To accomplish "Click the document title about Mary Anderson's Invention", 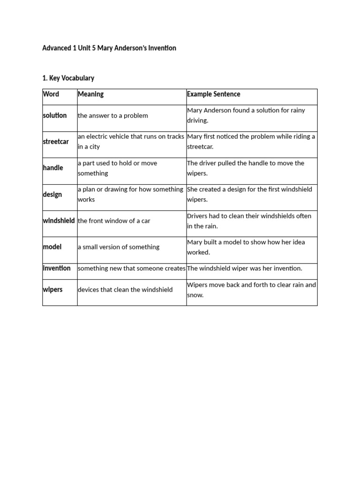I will [109, 48].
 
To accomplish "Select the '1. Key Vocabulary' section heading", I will [68, 78].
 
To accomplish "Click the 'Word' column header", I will [51, 94].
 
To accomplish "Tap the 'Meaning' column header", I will [90, 94].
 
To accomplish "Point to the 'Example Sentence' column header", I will [213, 94].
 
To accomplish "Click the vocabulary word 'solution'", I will [55, 115].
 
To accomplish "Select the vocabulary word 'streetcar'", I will [56, 142].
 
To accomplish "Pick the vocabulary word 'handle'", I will [53, 168].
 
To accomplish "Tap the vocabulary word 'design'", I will [52, 195].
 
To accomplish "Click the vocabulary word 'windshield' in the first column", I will [59, 220].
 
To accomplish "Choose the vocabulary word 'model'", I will [52, 247].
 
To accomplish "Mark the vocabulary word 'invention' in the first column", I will [57, 268].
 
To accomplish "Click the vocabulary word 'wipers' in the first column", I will [52, 290].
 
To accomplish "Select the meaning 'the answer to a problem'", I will [113, 116].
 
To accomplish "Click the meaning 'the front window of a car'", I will [114, 221].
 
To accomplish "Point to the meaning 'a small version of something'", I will [119, 247].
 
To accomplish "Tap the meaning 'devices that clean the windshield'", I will [125, 290].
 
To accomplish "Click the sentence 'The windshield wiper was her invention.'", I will [245, 269].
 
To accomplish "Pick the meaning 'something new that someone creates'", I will [131, 269].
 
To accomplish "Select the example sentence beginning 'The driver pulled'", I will [246, 168].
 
